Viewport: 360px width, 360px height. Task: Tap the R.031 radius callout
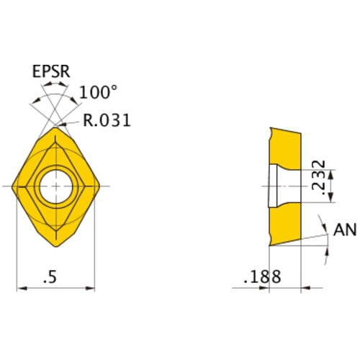click(107, 121)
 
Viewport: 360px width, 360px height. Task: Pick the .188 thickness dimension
click(261, 276)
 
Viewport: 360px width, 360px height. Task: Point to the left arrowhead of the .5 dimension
click(20, 288)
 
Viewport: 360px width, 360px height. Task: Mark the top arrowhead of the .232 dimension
click(328, 167)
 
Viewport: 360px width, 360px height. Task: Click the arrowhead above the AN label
click(329, 217)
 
